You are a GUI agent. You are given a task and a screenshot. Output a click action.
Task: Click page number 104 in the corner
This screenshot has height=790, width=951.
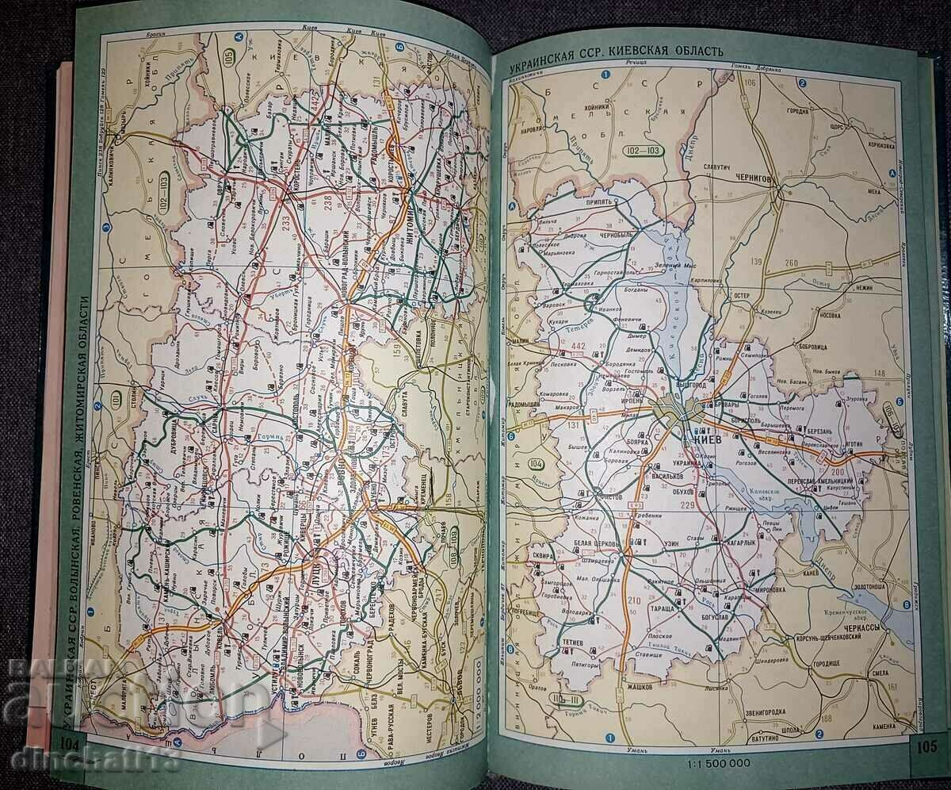69,744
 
